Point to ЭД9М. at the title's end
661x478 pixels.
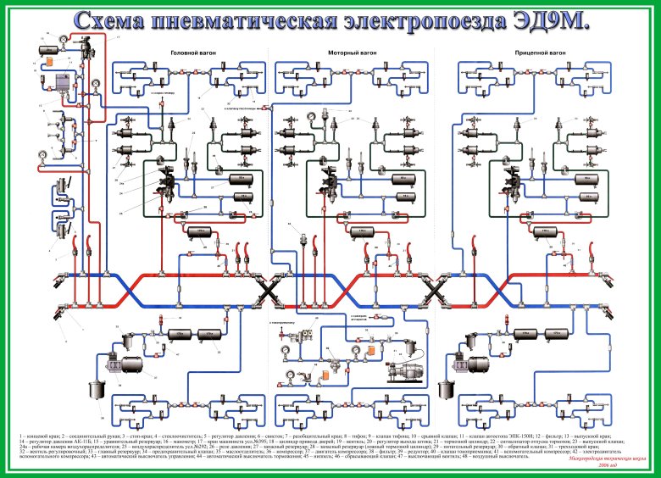(x=542, y=21)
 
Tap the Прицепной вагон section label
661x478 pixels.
(x=506, y=53)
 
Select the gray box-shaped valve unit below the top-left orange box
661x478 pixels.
(x=62, y=84)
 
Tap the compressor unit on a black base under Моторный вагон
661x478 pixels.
(x=397, y=370)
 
